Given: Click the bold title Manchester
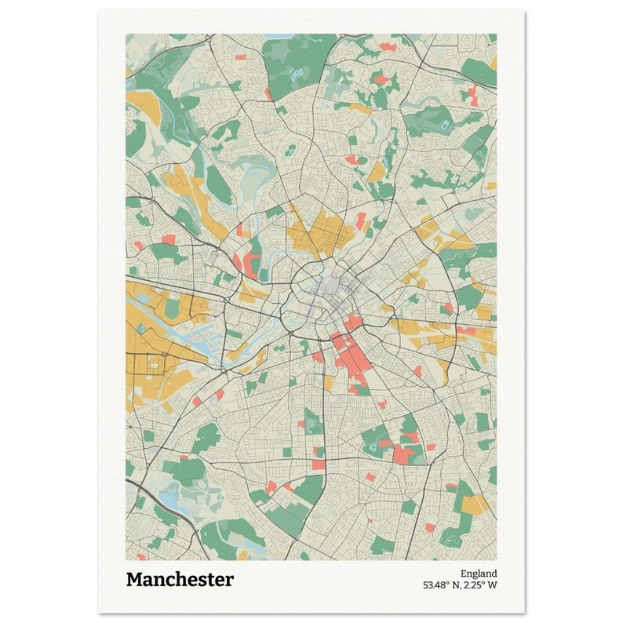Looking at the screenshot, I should coord(179,580).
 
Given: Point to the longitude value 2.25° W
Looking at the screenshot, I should coord(481,585).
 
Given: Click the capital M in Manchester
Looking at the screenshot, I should coord(135,580).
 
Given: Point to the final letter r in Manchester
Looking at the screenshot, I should coord(229,580).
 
